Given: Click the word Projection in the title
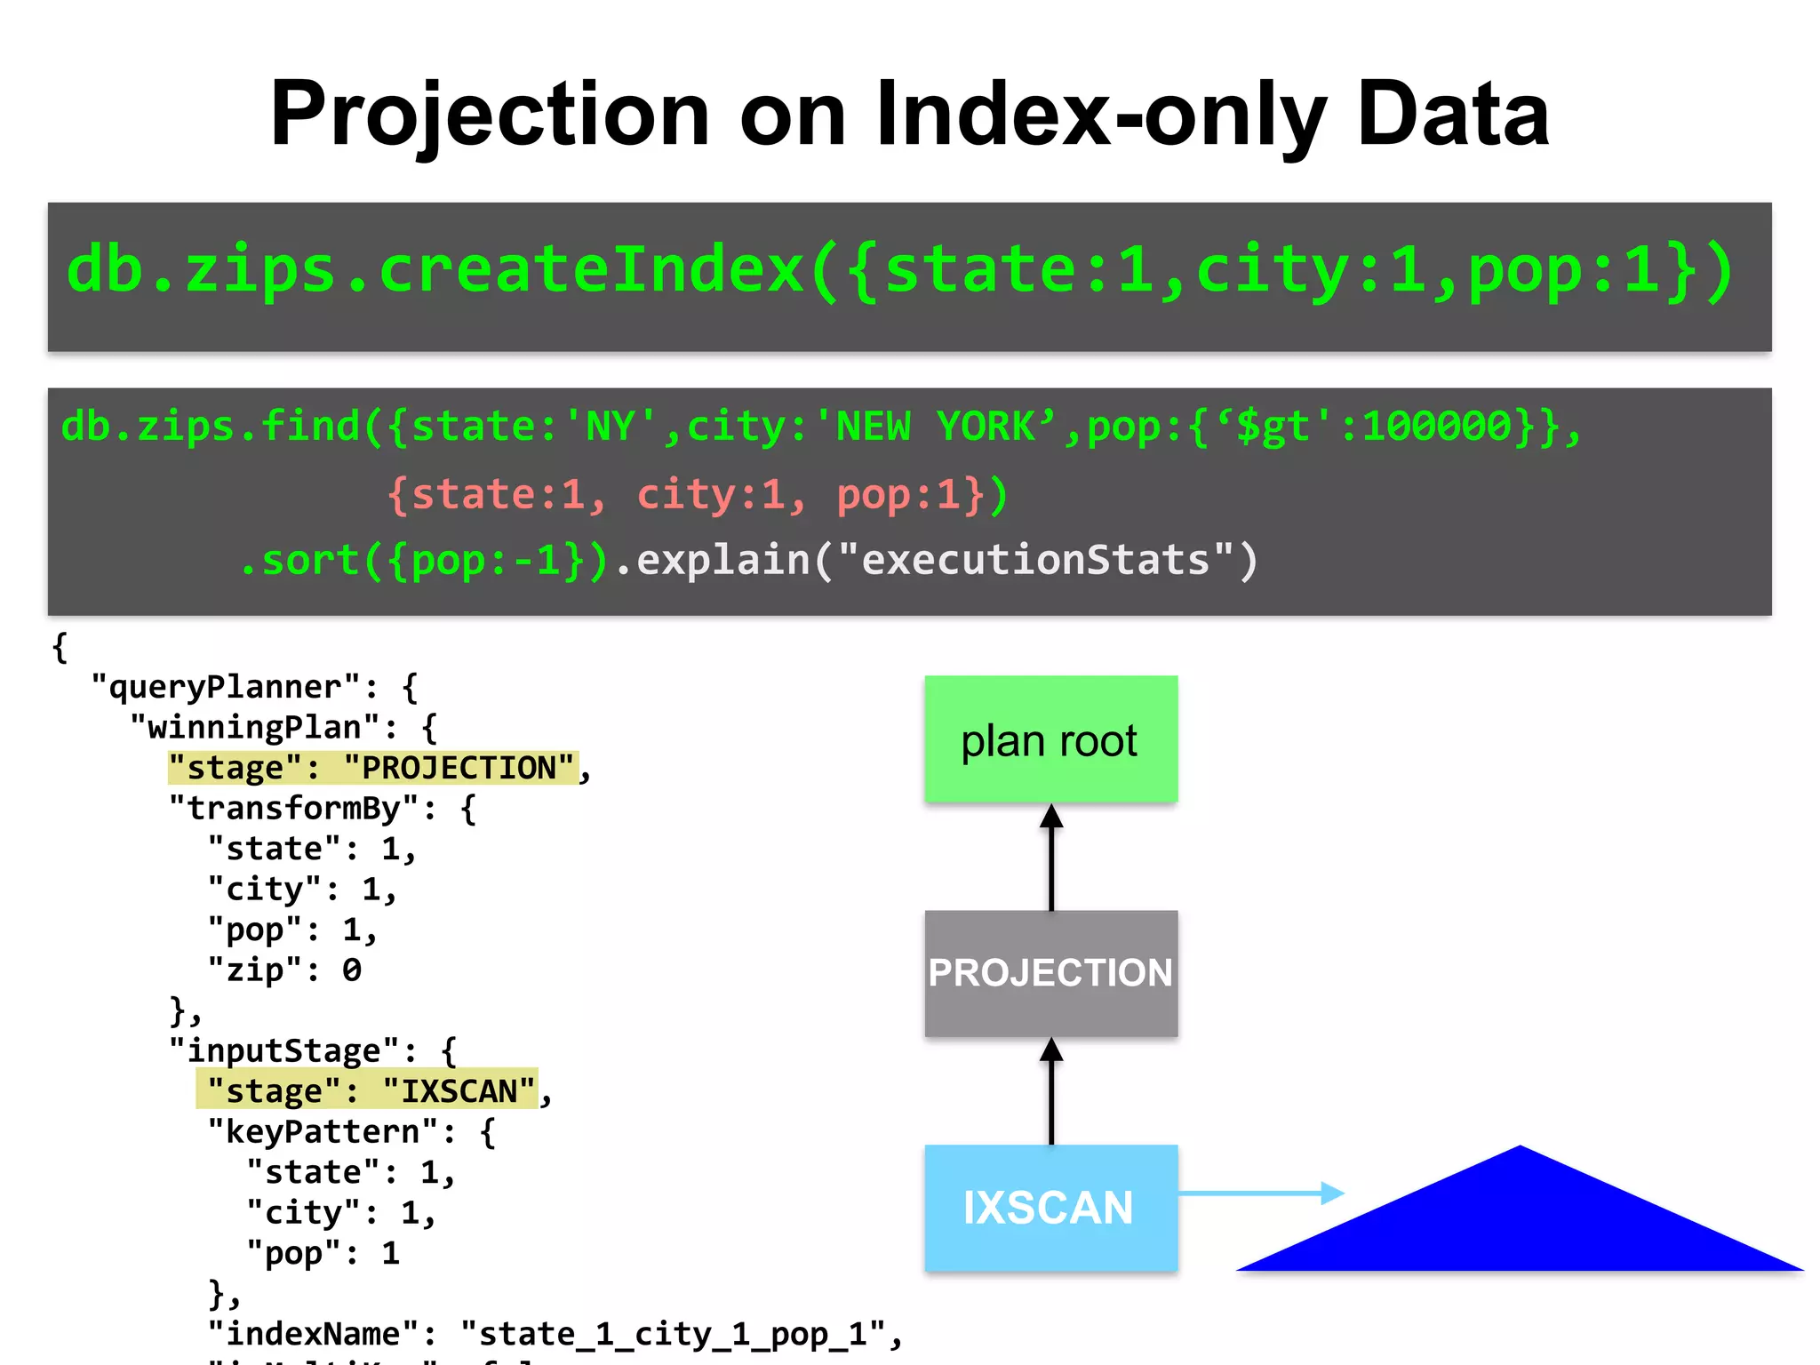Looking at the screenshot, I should pyautogui.click(x=490, y=116).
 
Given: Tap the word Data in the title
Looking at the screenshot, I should pyautogui.click(x=1454, y=116).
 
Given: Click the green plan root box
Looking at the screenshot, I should pyautogui.click(x=1050, y=739).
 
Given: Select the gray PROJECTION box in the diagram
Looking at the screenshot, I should pyautogui.click(x=1050, y=973).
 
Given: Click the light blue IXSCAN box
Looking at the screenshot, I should pyautogui.click(x=1050, y=1208).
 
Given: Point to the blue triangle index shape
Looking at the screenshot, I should pyautogui.click(x=1520, y=1226).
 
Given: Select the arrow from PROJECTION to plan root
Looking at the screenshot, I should pyautogui.click(x=1051, y=857).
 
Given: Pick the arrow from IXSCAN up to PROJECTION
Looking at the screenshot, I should pyautogui.click(x=1051, y=1090).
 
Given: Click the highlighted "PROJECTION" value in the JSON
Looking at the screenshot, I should pyautogui.click(x=459, y=768).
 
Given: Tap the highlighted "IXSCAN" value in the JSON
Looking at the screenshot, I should pyautogui.click(x=459, y=1090).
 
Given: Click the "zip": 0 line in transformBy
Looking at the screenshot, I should pyautogui.click(x=284, y=970).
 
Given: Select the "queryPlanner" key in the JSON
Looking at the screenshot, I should pyautogui.click(x=227, y=687).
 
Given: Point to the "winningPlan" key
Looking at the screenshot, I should pyautogui.click(x=257, y=728).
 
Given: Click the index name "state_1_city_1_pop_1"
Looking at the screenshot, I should pyautogui.click(x=673, y=1334).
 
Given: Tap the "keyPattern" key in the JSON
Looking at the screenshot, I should pyautogui.click(x=323, y=1131).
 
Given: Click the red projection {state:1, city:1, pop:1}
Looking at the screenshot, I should pyautogui.click(x=698, y=495).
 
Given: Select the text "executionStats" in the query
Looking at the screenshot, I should pyautogui.click(x=1035, y=560).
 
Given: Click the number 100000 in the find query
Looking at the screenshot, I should pyautogui.click(x=1436, y=427).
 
